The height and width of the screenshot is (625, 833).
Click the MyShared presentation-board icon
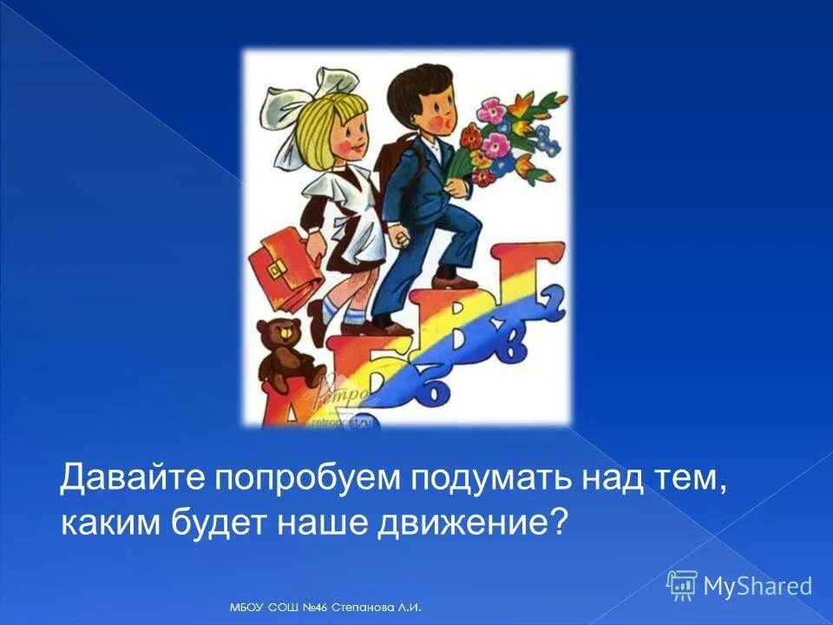(x=681, y=585)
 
